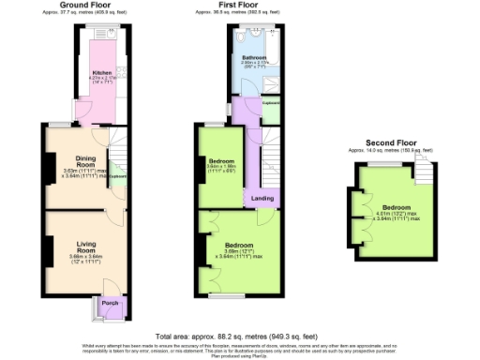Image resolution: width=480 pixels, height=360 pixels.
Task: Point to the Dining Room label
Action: [76, 162]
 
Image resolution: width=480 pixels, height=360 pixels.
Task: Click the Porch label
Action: [108, 305]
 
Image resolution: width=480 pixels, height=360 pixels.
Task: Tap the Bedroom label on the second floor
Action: [396, 207]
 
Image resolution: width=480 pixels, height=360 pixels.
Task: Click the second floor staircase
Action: [423, 169]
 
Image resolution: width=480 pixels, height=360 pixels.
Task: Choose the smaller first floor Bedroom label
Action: [220, 162]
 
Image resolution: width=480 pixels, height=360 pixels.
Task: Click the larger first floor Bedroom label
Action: [238, 246]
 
